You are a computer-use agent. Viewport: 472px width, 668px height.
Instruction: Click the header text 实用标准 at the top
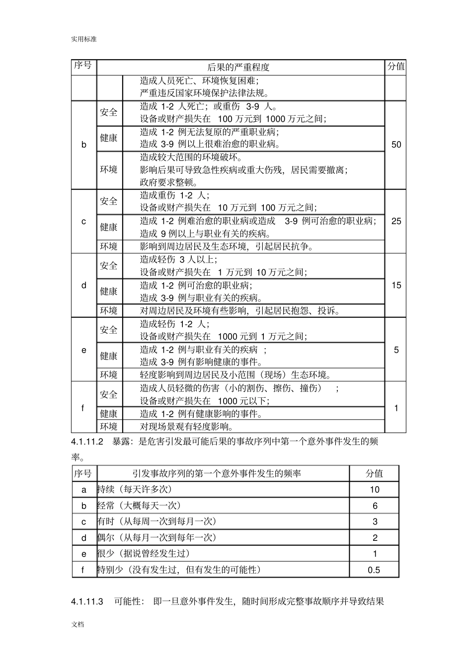[83, 39]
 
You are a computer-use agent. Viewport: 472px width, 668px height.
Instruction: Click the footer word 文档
[78, 624]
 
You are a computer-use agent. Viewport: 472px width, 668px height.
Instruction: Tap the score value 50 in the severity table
[396, 145]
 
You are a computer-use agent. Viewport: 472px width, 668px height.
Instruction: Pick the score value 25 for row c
[396, 221]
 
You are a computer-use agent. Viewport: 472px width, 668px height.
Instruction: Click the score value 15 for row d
[396, 286]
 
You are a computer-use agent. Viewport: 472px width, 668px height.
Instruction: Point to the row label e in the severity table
[83, 350]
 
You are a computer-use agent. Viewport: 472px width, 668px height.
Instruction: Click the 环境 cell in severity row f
[109, 427]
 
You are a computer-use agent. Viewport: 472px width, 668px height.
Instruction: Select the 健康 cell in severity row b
[109, 138]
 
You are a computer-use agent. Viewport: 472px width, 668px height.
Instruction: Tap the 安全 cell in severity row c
[109, 202]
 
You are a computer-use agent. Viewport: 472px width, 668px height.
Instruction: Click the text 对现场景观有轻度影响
[187, 427]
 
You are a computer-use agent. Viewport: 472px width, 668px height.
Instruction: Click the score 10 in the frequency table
[374, 490]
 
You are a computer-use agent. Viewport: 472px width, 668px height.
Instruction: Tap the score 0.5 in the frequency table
[374, 570]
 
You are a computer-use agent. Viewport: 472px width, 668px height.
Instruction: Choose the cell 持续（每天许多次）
[135, 490]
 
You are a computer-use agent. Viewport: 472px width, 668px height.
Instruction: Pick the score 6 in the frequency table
[375, 506]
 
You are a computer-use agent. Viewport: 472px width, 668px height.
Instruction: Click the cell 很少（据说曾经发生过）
[144, 554]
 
